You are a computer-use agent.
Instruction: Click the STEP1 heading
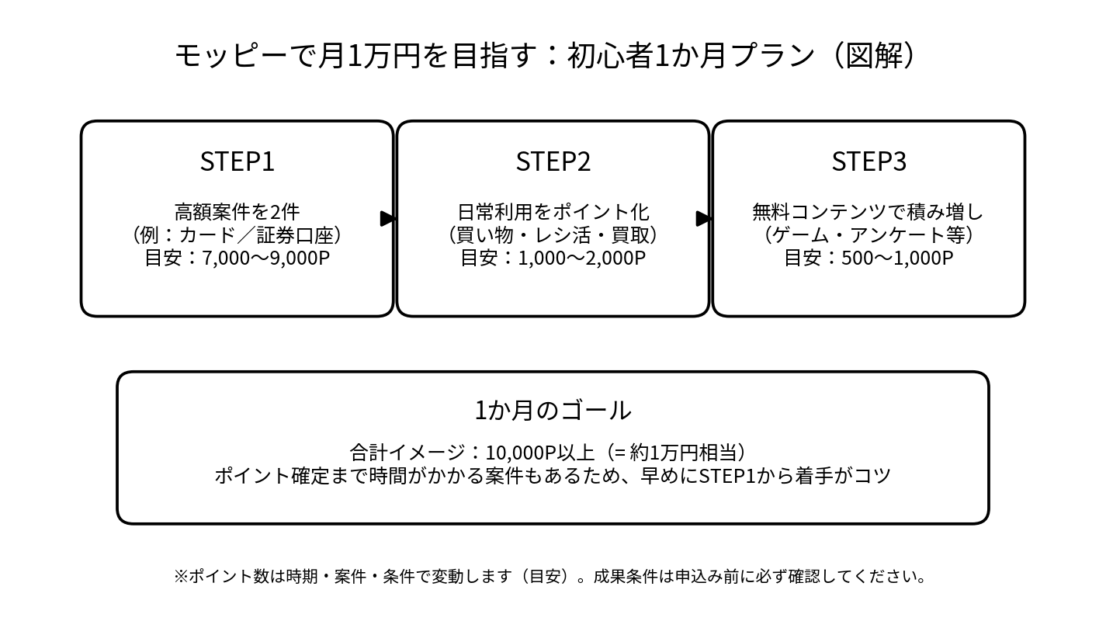237,161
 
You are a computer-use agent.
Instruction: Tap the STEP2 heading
553,161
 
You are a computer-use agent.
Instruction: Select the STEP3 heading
869,161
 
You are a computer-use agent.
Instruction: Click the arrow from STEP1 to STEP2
388,219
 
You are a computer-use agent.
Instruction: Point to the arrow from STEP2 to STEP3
703,219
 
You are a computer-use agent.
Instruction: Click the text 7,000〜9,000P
265,258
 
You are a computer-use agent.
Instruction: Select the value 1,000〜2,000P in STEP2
581,258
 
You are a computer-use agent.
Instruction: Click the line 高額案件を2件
237,211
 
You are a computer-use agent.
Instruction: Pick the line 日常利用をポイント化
553,211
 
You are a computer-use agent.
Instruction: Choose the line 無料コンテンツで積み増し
869,211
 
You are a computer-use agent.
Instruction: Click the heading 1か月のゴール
553,410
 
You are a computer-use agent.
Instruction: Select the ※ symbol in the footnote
180,577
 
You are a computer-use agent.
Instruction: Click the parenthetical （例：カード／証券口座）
237,234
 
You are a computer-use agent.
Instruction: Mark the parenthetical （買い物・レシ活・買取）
553,234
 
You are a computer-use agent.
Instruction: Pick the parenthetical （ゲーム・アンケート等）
869,234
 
